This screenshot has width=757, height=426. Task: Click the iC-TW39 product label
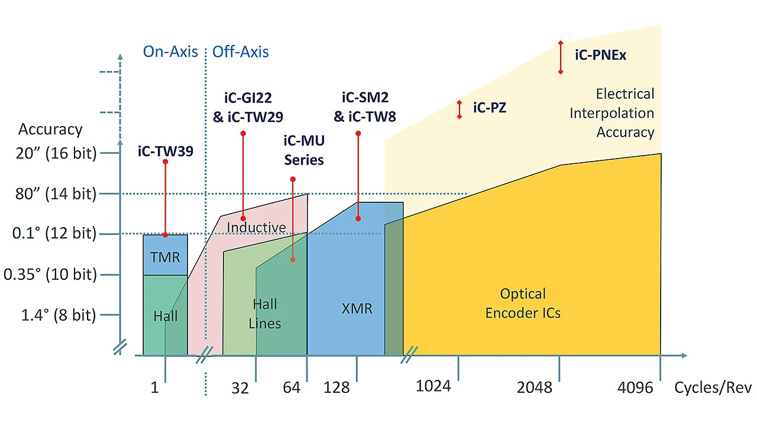[165, 151]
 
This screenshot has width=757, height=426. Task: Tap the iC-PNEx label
[600, 56]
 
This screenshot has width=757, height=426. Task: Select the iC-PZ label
[490, 108]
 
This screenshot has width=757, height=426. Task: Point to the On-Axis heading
[170, 51]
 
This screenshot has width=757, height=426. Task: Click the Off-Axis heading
[240, 51]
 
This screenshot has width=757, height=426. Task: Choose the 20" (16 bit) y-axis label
[57, 153]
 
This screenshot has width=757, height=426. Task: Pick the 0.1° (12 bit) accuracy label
[54, 234]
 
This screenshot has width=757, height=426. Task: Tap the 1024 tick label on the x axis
[434, 386]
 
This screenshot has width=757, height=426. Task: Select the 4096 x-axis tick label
[635, 388]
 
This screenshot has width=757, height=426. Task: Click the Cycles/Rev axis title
[713, 388]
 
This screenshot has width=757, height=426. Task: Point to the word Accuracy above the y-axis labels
[50, 129]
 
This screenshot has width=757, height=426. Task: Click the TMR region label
[165, 257]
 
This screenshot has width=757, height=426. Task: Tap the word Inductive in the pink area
[256, 227]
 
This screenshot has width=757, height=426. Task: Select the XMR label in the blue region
[357, 308]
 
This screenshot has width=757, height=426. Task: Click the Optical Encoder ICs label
[523, 303]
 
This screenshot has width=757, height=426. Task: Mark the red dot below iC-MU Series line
[293, 259]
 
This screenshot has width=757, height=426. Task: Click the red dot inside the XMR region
[358, 218]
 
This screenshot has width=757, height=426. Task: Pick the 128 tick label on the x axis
[337, 388]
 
